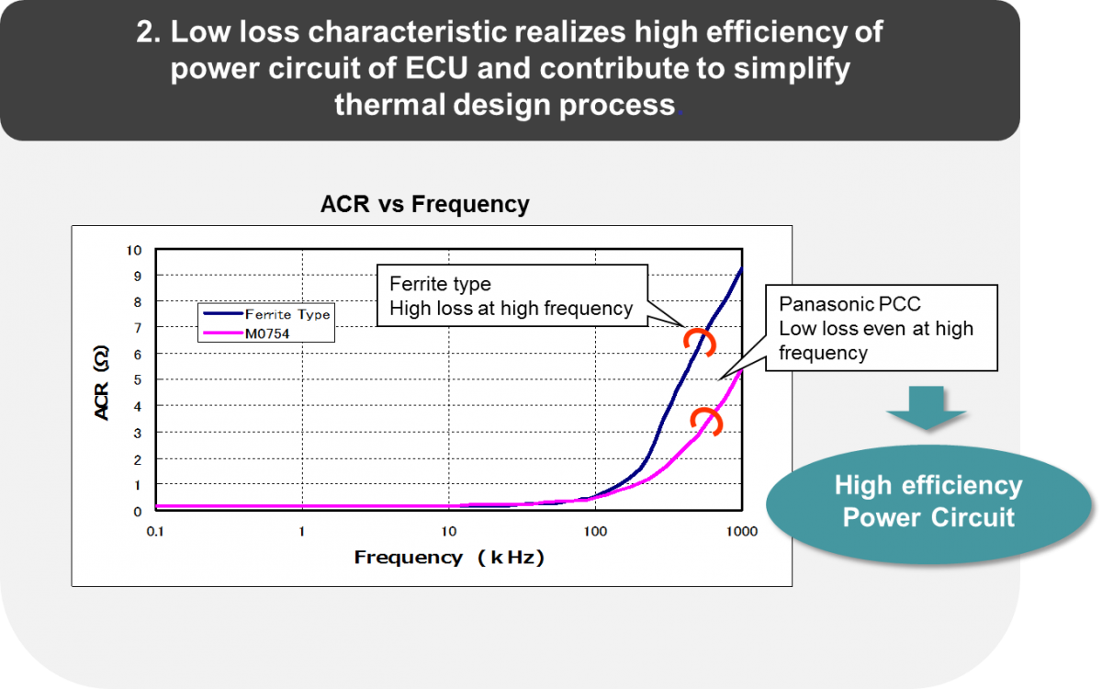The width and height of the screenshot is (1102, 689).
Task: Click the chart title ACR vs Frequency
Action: point(424,204)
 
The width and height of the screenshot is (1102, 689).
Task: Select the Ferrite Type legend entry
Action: point(266,314)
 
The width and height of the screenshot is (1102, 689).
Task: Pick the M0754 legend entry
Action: point(246,333)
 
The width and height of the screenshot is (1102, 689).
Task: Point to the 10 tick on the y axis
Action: point(134,251)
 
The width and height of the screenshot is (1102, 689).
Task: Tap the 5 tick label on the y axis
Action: point(137,380)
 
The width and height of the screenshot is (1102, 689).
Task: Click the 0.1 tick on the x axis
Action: point(155,532)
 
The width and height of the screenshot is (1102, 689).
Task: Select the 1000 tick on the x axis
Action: point(741,532)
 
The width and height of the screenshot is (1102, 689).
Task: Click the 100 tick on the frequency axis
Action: point(595,532)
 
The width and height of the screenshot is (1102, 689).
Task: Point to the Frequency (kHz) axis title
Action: point(449,558)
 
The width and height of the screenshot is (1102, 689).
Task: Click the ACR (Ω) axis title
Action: point(101,382)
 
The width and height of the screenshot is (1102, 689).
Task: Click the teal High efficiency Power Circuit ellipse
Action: point(928,504)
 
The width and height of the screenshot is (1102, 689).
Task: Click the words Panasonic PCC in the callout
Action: point(849,304)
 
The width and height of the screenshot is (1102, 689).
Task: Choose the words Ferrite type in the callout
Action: point(440,284)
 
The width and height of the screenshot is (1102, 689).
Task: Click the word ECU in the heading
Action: point(436,68)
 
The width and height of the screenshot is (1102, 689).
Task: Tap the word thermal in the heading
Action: point(389,105)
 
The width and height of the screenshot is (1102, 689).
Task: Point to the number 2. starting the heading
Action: point(148,32)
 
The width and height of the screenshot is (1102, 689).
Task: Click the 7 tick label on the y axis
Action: point(137,328)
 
